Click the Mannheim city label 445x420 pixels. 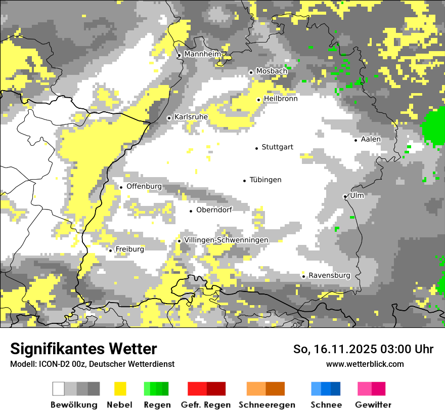coord(203,54)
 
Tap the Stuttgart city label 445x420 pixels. coord(277,147)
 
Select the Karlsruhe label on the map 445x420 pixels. coord(191,117)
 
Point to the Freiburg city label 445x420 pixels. coord(129,249)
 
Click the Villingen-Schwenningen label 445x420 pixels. coord(226,240)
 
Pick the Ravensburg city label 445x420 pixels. coord(329,275)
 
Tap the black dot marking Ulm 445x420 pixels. coord(345,196)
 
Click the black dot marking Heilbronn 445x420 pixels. coord(258,100)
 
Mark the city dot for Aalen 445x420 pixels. coord(356,140)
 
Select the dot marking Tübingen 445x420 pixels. coord(245,181)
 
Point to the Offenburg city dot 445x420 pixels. coord(121,187)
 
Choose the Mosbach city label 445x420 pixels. coord(272,71)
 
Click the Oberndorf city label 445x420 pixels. coord(214,209)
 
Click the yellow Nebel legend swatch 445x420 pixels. coord(120,389)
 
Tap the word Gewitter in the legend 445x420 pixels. coord(373,405)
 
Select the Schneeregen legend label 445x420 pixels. coord(267,405)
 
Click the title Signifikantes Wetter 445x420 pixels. coord(83,349)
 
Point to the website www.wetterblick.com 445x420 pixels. coord(365,364)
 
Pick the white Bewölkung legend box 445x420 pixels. coord(59,389)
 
